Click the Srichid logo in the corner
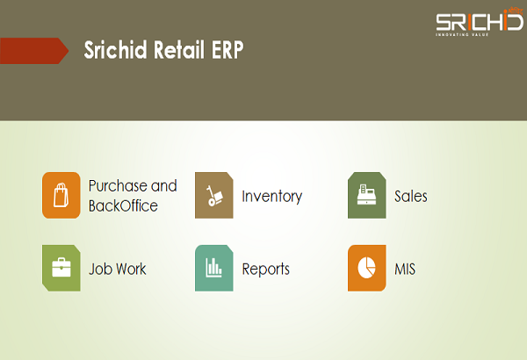tap(480, 22)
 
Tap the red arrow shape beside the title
tap(34, 51)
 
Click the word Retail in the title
tap(179, 50)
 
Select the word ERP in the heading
tap(227, 50)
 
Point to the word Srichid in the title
tap(115, 50)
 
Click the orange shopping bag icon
tap(61, 195)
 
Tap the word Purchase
tap(118, 186)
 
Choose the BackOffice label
tap(123, 205)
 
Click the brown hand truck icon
tap(214, 195)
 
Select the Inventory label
tap(272, 197)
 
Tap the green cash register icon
tap(366, 195)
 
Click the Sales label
tap(411, 197)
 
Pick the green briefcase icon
tap(61, 268)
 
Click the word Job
tap(97, 269)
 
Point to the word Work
tap(129, 269)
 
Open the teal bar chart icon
tap(214, 268)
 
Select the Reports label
tap(266, 270)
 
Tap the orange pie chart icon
tap(366, 268)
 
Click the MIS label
tap(405, 269)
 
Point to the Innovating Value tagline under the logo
tap(462, 34)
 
